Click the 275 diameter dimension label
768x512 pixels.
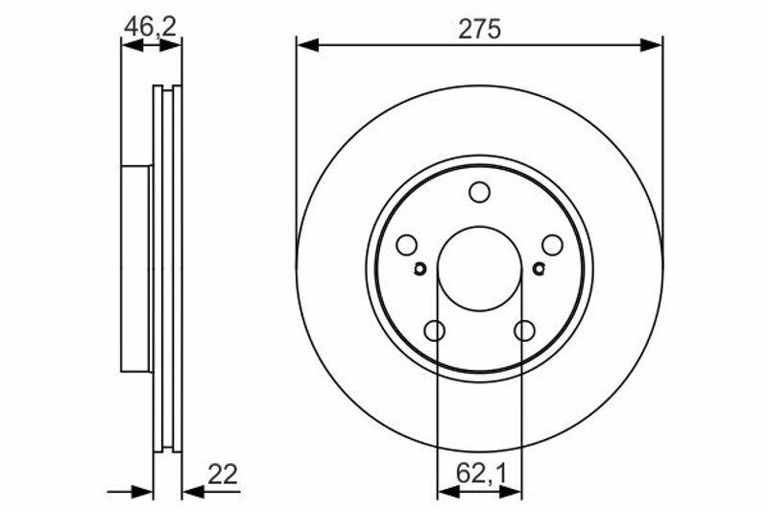point(479,29)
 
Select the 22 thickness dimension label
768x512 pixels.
point(223,475)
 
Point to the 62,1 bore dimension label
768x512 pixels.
point(481,474)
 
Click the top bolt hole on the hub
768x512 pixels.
point(479,192)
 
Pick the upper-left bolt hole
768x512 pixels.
point(406,245)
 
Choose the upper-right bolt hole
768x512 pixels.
point(552,245)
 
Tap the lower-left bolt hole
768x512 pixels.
point(435,330)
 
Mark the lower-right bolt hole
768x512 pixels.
point(524,330)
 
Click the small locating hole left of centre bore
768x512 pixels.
point(420,269)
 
